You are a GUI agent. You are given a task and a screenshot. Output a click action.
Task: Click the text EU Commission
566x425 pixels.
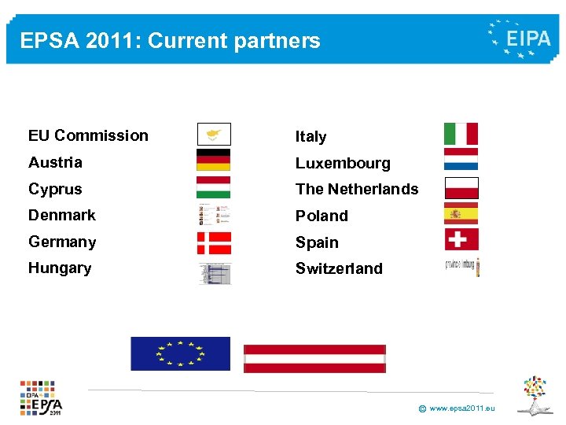coord(88,135)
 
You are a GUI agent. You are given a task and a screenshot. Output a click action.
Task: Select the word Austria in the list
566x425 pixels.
coord(55,162)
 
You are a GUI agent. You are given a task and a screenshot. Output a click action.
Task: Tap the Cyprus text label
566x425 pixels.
coord(55,189)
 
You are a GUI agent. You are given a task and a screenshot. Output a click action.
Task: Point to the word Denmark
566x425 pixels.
coord(62,215)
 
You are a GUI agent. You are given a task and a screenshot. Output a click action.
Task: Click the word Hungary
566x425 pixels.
coord(60,268)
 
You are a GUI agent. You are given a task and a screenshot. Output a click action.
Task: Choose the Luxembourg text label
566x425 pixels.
coord(343,163)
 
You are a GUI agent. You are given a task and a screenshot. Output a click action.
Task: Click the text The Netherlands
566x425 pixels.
coord(357,189)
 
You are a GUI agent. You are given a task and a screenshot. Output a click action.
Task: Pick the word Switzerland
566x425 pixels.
coord(339,268)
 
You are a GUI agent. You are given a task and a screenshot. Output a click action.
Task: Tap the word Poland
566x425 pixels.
coord(322,216)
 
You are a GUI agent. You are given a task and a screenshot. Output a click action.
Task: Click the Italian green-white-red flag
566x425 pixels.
coord(461,134)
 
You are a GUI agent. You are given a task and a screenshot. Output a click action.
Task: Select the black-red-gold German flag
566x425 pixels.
coord(213,160)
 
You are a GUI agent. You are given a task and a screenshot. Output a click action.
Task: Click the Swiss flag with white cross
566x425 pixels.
coord(461,239)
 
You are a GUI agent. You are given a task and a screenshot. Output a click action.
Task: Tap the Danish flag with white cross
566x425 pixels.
coord(214,242)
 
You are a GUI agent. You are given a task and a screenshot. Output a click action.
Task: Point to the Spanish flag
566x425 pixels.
coord(461,213)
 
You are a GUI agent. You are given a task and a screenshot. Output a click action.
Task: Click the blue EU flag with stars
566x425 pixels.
coord(180,353)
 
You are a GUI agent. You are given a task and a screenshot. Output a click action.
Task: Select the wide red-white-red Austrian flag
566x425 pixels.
coord(314,358)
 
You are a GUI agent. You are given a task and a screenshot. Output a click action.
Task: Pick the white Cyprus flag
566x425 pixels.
coord(214,134)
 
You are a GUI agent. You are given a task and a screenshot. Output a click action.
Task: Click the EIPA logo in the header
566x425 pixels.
coord(519,39)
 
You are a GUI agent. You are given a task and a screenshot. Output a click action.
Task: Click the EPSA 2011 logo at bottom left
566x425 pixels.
coord(42,397)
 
